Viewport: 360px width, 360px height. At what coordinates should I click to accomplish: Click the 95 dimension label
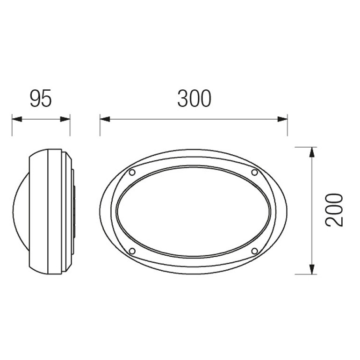coord(41,99)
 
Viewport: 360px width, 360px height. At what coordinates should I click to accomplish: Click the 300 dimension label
coord(194,99)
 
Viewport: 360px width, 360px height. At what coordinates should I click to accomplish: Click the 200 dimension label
coord(334,210)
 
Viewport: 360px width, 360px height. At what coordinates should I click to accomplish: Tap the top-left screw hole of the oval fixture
coord(132,173)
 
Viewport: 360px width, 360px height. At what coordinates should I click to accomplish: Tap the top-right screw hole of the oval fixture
coord(255,172)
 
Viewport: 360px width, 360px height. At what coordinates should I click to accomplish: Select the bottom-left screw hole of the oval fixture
coord(132,251)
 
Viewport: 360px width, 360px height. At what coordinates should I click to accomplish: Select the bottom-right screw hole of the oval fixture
coord(255,251)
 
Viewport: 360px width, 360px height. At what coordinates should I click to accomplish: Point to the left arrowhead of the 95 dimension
coord(17,119)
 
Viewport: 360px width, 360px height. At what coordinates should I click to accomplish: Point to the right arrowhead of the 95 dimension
coord(65,119)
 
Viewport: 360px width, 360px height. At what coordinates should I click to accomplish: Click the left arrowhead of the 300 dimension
coord(105,119)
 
